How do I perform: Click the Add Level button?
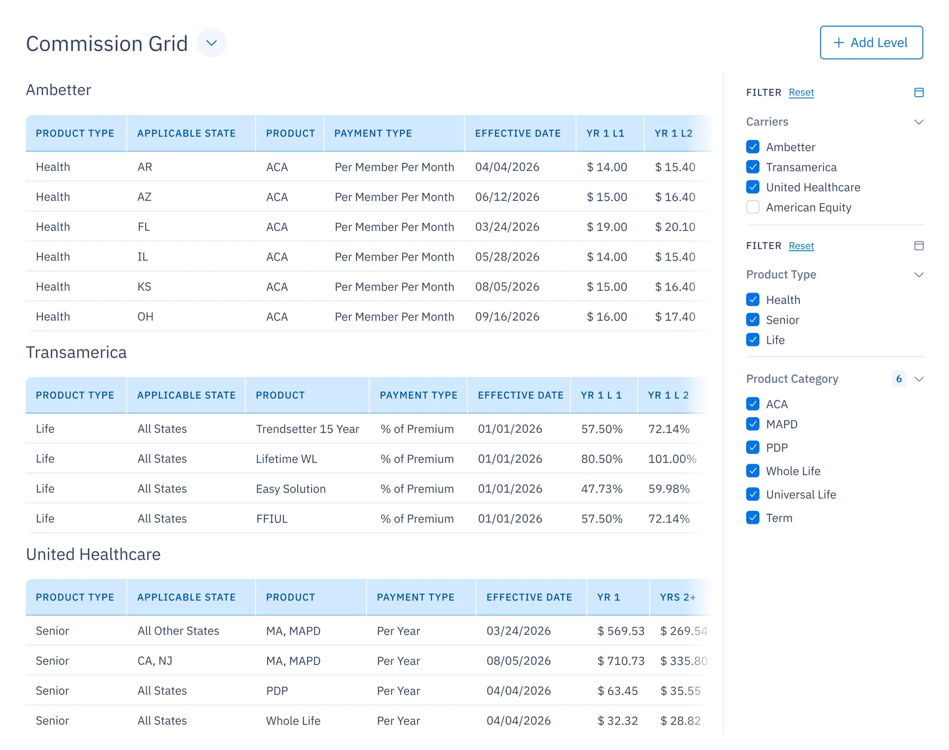click(x=871, y=43)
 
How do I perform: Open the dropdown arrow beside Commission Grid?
click(x=211, y=43)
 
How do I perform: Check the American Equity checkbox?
click(x=752, y=207)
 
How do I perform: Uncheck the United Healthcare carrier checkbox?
click(x=752, y=187)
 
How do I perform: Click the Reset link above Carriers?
click(x=801, y=92)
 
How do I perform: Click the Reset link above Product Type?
click(x=801, y=246)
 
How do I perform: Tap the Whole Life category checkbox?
click(x=752, y=471)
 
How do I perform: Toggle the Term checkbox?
click(x=752, y=518)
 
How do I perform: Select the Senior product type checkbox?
click(x=752, y=320)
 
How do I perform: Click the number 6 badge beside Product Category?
click(x=898, y=378)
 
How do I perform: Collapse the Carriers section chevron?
click(x=918, y=122)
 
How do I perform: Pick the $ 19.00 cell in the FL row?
click(x=607, y=227)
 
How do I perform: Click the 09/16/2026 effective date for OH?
click(x=507, y=316)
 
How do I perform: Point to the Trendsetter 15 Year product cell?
click(x=307, y=429)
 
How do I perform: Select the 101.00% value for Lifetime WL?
click(x=671, y=459)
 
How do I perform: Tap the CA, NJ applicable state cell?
click(x=155, y=660)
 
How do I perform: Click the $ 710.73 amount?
click(x=621, y=660)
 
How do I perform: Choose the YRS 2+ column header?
click(x=677, y=597)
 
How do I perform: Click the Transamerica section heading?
click(x=76, y=352)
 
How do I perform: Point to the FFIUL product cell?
click(x=272, y=519)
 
